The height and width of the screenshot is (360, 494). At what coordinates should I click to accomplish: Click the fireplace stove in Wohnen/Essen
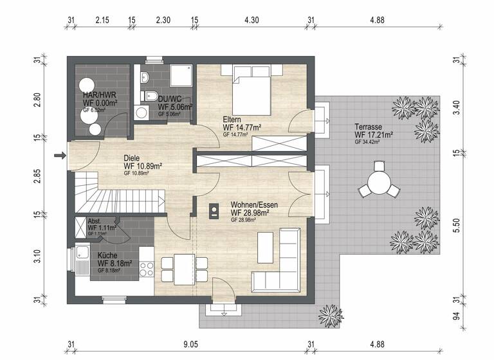pos(213,210)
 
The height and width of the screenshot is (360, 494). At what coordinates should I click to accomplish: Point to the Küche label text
pos(107,255)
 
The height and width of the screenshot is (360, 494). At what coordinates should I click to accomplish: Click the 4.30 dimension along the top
pos(252,21)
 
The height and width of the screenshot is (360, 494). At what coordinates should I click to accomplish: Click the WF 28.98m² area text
pos(250,213)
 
